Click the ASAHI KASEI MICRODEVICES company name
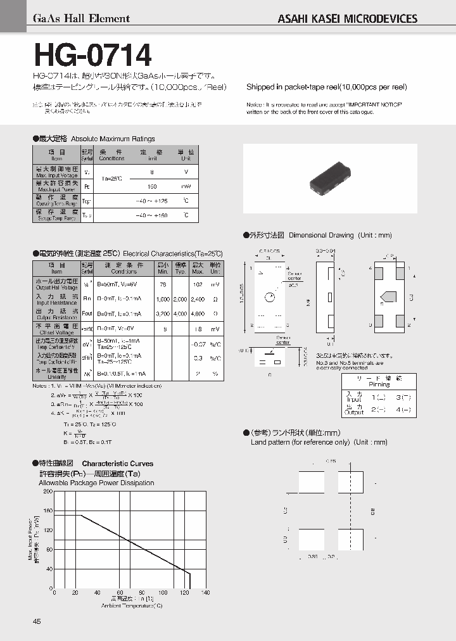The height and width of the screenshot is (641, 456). (348, 19)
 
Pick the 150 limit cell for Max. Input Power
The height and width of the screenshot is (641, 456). (152, 187)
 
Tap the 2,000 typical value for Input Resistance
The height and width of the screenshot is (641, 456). (180, 299)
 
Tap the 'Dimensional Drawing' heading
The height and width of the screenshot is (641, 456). (321, 235)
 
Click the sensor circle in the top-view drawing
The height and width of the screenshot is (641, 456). (270, 297)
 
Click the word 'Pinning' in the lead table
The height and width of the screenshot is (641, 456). (379, 384)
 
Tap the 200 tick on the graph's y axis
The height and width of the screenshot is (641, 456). (47, 492)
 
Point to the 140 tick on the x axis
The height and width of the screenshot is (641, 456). (205, 593)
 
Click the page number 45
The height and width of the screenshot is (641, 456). (36, 621)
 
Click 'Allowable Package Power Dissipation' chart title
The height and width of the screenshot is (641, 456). (96, 483)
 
